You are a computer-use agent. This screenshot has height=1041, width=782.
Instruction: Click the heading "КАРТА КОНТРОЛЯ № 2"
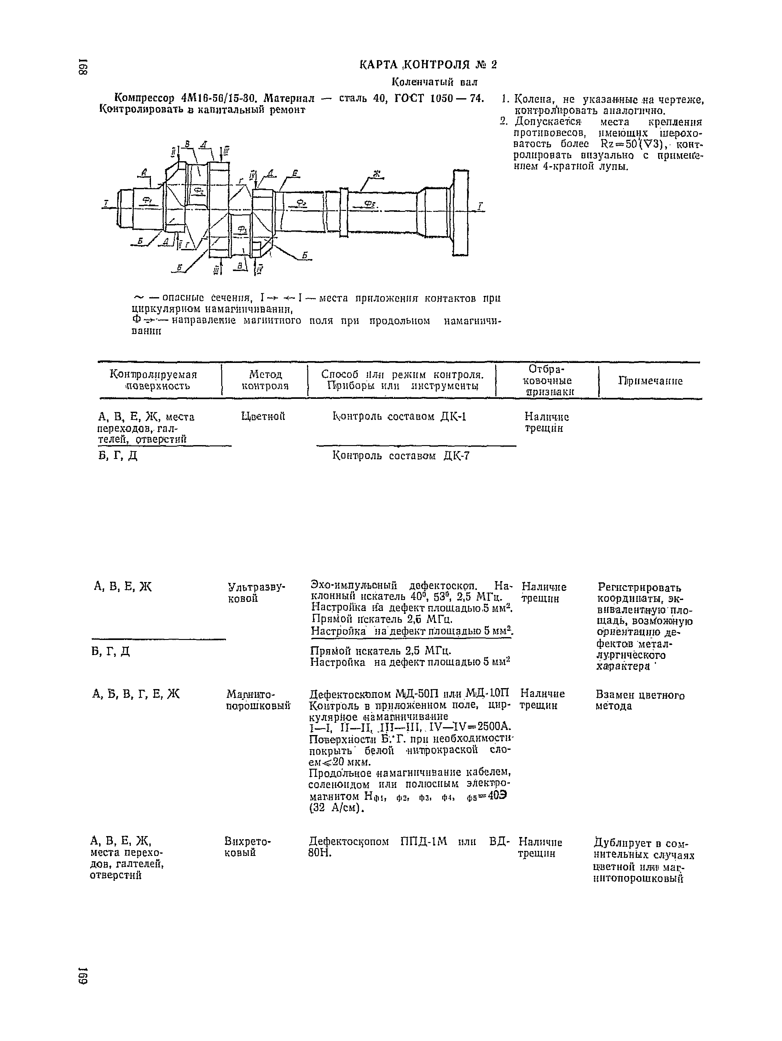coord(428,65)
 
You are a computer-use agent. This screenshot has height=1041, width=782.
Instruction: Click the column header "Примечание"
coord(650,381)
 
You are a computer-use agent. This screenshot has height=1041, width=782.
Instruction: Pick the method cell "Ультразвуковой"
coord(257,592)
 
